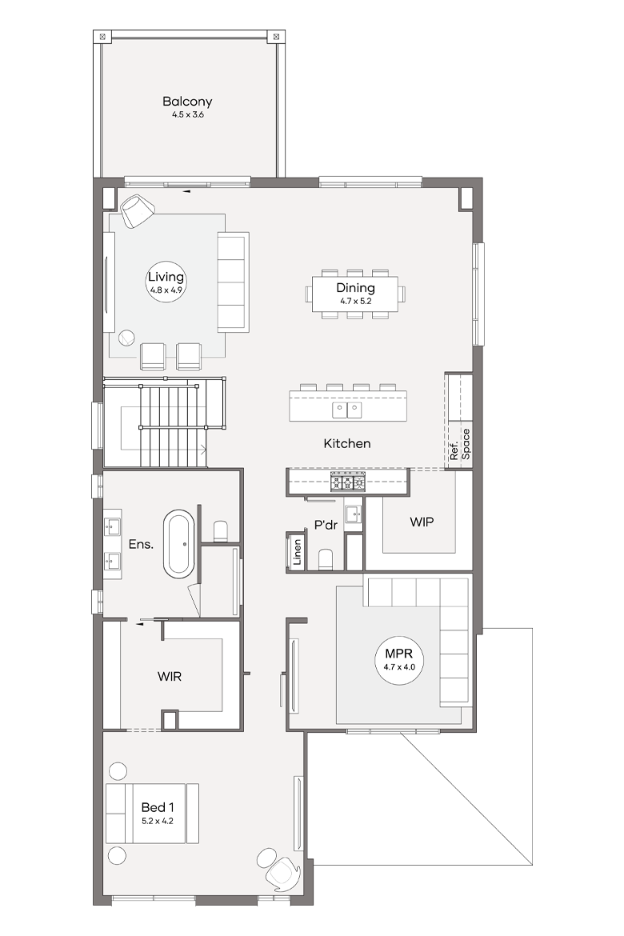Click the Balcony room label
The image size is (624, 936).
pos(187,106)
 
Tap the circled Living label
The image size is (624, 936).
pos(166,281)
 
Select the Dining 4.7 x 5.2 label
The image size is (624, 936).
pos(355,293)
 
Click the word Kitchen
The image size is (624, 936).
pos(347,443)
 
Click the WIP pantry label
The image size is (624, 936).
pos(422,522)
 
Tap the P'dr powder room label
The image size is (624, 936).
pos(326,526)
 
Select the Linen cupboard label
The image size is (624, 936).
pos(297,552)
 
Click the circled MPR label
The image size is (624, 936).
pos(399,658)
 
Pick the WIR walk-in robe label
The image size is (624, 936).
pos(170,676)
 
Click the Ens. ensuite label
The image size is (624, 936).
pos(141,544)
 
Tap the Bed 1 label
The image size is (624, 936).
pos(158,813)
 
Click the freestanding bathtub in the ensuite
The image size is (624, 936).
pos(179,544)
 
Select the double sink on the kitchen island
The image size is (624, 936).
pos(347,410)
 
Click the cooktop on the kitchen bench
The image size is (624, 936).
pos(348,482)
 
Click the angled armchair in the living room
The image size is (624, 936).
pos(138,210)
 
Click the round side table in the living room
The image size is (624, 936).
pos(126,338)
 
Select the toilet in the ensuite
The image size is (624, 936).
pos(221,531)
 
